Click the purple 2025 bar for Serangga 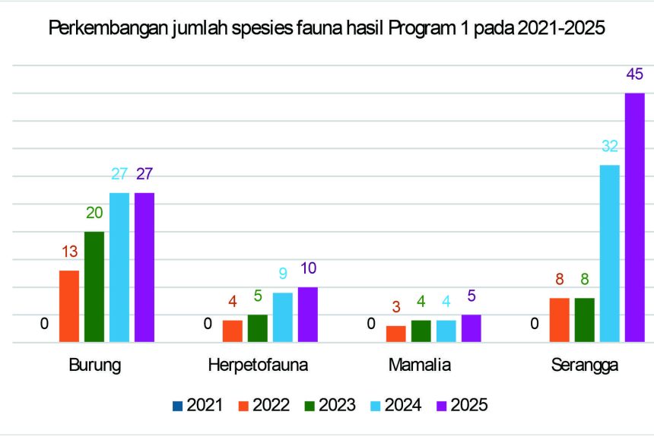pos(634,217)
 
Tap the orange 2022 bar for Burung pos(69,306)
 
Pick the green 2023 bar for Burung pos(94,287)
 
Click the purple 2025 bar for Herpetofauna pos(307,315)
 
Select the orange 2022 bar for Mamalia pos(395,334)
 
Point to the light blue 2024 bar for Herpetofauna pos(282,317)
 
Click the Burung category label pos(94,366)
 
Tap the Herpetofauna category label pos(258,366)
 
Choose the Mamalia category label pos(420,366)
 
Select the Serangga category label pos(585,366)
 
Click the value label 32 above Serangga pos(610,147)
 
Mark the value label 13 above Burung pos(69,252)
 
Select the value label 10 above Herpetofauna pos(307,268)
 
